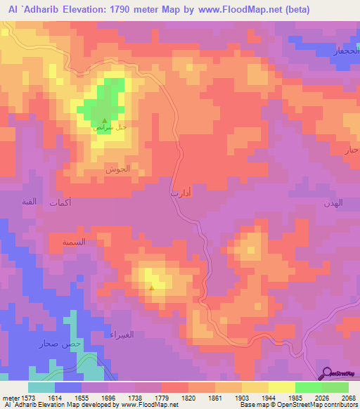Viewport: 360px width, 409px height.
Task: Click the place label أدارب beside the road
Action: pyautogui.click(x=180, y=191)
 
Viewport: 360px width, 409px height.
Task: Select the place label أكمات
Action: pyautogui.click(x=60, y=202)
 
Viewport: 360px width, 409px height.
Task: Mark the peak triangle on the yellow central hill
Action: pyautogui.click(x=152, y=287)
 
